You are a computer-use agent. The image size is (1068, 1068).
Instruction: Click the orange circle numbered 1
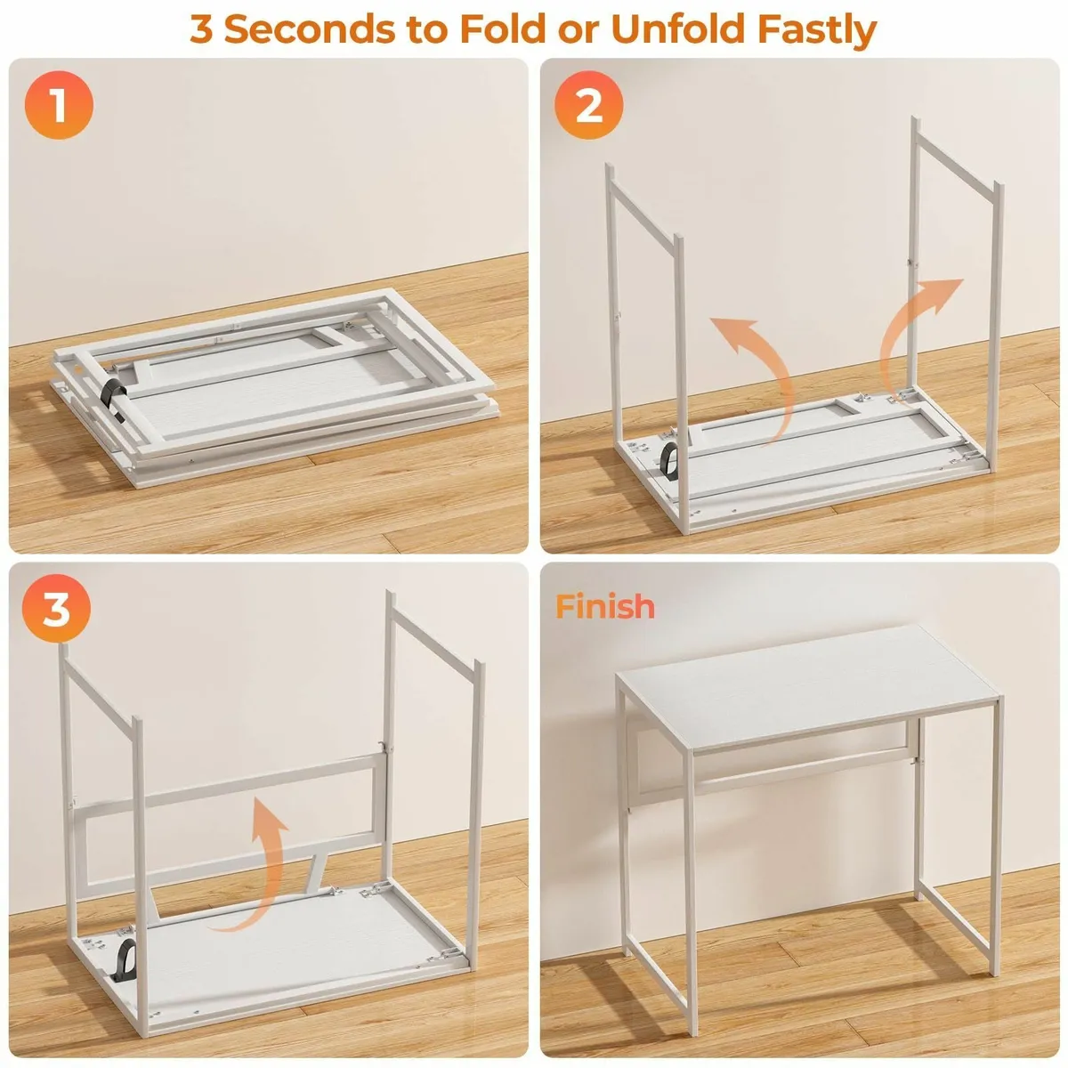[x=58, y=107]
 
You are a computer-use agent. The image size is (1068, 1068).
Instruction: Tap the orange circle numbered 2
[x=589, y=107]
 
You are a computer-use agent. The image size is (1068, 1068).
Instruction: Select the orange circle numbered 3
[x=56, y=611]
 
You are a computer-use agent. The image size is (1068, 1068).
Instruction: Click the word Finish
[x=605, y=606]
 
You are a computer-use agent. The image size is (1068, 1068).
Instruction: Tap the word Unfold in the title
[x=679, y=28]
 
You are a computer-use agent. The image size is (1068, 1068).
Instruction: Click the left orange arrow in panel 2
[x=756, y=374]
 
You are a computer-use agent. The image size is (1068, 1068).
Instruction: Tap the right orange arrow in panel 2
[x=917, y=329]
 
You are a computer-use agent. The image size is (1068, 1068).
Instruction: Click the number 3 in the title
[x=202, y=28]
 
